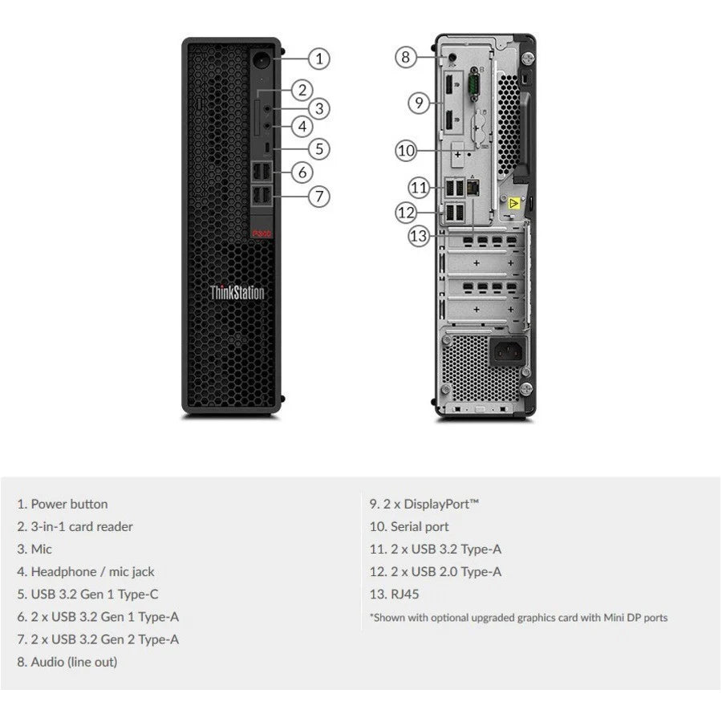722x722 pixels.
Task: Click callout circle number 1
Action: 318,58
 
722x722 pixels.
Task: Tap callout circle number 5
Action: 318,148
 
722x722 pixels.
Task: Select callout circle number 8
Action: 406,57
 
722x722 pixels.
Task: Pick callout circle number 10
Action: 406,149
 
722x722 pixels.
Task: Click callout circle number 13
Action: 420,236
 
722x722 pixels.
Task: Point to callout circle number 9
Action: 417,102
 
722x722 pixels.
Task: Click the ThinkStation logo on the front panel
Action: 237,292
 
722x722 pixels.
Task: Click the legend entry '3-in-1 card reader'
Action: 75,526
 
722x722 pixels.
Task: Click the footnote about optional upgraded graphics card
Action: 518,618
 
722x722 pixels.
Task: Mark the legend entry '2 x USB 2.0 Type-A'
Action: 436,572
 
